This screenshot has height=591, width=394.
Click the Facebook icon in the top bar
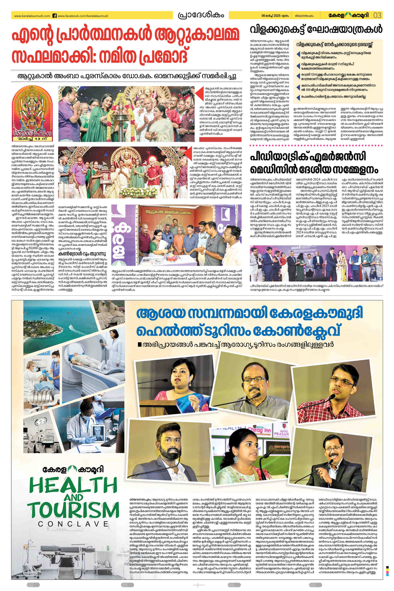point(54,16)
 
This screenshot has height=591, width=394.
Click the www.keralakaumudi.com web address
point(32,16)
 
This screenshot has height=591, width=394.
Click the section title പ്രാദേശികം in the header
point(201,15)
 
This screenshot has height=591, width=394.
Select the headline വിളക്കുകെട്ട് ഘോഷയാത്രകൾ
point(316,29)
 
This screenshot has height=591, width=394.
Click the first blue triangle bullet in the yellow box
point(298,54)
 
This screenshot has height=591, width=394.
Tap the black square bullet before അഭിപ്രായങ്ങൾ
point(139,344)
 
